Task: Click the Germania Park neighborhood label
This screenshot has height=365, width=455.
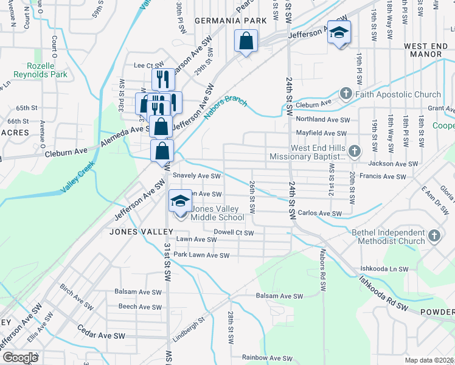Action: click(x=231, y=21)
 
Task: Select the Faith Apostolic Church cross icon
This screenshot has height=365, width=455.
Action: click(x=346, y=94)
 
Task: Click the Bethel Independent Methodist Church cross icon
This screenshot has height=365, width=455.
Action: click(x=434, y=235)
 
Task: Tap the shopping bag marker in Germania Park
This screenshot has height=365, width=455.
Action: click(x=246, y=41)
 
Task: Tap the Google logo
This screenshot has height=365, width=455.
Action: click(x=21, y=358)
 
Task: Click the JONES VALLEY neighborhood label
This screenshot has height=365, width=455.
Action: click(x=141, y=232)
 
